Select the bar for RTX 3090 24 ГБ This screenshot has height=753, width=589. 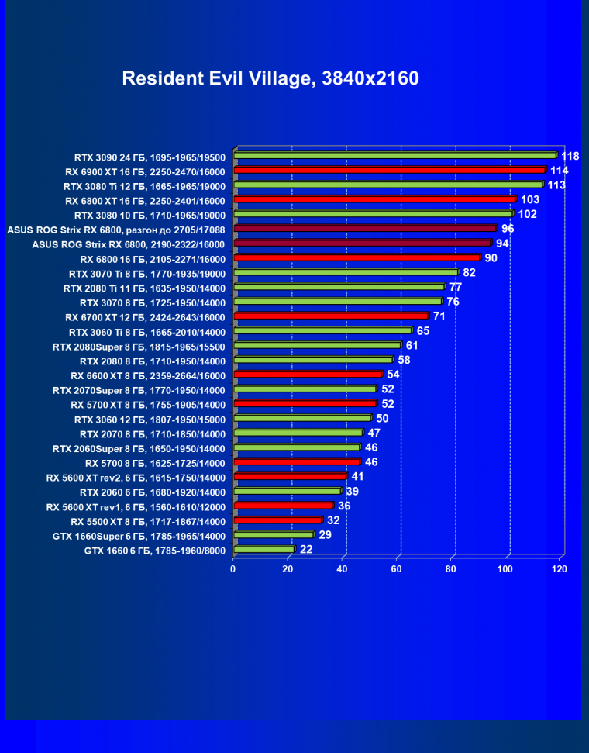394,155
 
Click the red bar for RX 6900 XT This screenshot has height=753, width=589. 389,170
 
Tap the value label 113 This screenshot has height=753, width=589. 556,185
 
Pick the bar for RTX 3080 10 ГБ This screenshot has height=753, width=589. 373,214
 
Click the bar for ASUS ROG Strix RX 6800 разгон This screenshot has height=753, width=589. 364,229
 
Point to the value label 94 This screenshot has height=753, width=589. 502,244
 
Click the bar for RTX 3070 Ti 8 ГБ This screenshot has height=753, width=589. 346,273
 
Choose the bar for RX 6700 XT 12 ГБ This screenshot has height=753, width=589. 330,316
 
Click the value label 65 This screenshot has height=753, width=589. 423,331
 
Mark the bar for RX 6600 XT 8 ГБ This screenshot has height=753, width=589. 308,375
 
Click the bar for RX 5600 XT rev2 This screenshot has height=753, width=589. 290,477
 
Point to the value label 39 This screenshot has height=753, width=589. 352,492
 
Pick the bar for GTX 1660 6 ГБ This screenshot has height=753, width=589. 263,551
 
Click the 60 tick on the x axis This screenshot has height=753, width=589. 397,569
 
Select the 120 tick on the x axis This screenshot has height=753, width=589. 559,569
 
